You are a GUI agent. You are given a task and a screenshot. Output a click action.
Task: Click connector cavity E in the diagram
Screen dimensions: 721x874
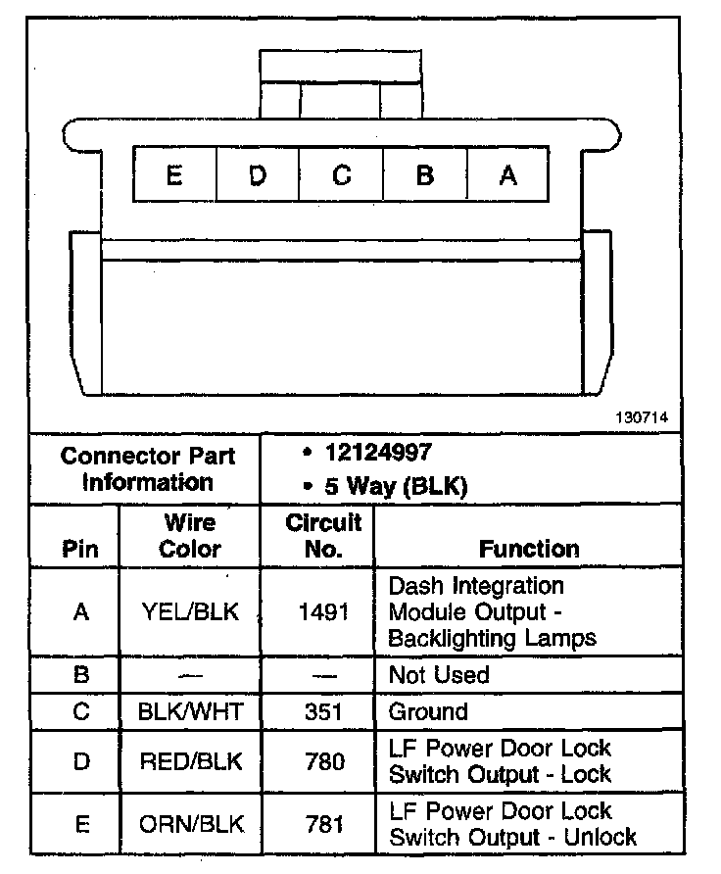(x=174, y=175)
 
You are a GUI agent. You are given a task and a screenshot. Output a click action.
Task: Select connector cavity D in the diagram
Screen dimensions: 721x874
(x=257, y=175)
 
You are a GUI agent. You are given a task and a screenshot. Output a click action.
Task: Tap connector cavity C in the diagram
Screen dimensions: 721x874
(x=341, y=175)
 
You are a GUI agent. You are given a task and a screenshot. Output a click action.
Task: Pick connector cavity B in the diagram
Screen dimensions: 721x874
(x=425, y=175)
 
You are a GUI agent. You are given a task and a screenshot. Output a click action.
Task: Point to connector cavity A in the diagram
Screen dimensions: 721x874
(x=507, y=175)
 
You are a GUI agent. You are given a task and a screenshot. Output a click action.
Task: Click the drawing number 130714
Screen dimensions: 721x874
(x=642, y=417)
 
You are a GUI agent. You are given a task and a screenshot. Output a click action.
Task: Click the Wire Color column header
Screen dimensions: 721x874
(x=189, y=536)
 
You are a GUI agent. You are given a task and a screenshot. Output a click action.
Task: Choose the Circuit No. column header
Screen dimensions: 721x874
(x=322, y=536)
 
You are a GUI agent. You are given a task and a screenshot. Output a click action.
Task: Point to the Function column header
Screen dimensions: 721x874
(x=529, y=549)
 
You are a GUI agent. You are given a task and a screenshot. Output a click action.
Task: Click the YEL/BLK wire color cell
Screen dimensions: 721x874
(x=189, y=612)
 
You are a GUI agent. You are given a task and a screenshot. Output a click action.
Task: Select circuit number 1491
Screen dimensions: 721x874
(x=322, y=612)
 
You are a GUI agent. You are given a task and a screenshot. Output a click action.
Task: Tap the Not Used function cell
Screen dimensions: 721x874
(x=439, y=675)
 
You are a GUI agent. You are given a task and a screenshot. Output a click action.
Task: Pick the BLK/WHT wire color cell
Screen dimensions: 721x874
(x=189, y=711)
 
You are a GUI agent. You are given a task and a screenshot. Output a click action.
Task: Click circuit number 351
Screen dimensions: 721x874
(x=322, y=711)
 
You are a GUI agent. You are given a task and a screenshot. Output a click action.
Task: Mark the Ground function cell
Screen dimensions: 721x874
(x=428, y=711)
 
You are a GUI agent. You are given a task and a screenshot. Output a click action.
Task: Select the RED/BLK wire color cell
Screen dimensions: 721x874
(x=189, y=761)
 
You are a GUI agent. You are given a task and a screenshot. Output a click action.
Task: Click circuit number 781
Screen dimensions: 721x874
(x=322, y=824)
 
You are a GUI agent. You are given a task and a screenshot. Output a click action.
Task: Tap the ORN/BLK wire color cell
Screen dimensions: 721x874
(x=189, y=824)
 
